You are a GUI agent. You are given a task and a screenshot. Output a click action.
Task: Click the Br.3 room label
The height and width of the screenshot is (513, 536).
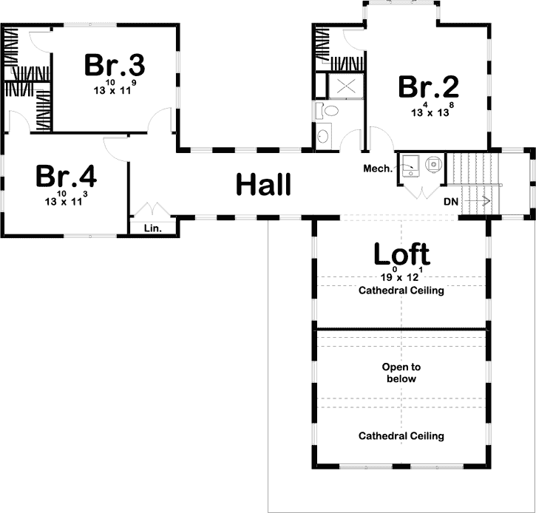click(x=115, y=64)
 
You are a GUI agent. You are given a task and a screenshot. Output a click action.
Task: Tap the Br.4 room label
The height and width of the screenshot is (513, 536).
click(x=66, y=176)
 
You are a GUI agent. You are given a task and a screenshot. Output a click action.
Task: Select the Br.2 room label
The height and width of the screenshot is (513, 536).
click(x=429, y=86)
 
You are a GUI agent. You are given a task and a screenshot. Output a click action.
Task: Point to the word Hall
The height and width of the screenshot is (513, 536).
click(x=263, y=184)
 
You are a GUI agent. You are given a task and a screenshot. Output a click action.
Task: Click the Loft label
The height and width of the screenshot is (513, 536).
click(x=401, y=254)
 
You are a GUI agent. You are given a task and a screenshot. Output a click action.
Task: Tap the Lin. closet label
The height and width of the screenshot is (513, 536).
click(x=153, y=228)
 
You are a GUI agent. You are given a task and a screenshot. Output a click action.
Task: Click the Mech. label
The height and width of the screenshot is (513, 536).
click(x=378, y=168)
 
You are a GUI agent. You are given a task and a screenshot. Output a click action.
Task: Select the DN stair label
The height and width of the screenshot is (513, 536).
click(x=451, y=202)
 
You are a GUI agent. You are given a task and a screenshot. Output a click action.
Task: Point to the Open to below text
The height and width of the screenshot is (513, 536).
click(x=401, y=373)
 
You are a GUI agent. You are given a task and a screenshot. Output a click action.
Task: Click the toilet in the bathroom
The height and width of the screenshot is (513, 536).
click(x=327, y=110)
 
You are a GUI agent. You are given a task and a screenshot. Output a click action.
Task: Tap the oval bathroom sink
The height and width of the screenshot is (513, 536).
click(x=323, y=136)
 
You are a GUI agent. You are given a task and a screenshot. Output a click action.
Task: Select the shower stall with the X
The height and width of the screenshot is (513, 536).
click(x=346, y=86)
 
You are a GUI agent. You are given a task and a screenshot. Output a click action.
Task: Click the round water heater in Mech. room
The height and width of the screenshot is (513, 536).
click(x=433, y=164)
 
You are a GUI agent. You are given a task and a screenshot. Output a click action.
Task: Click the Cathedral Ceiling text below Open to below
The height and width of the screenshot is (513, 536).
click(x=401, y=436)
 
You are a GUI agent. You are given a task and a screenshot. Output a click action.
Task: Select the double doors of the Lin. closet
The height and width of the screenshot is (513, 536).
click(x=153, y=209)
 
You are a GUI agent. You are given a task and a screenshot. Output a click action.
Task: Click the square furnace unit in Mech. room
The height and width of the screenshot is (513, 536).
click(x=410, y=166)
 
